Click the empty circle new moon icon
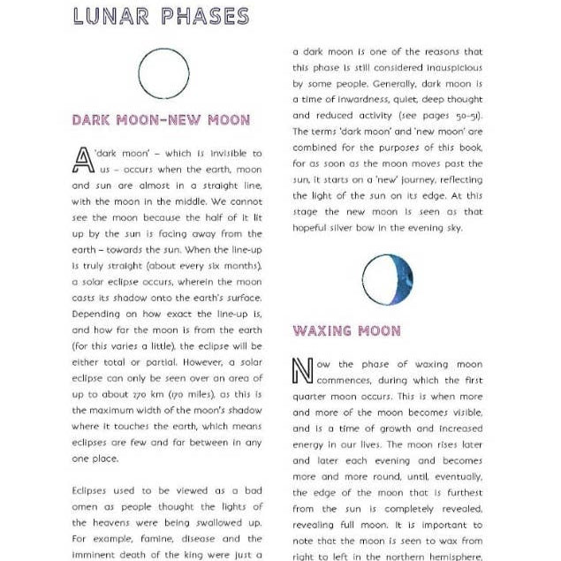164,74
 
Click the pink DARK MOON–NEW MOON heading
161,120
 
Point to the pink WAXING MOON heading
346,331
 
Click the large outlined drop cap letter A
83,161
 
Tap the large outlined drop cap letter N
302,372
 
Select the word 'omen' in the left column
86,506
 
